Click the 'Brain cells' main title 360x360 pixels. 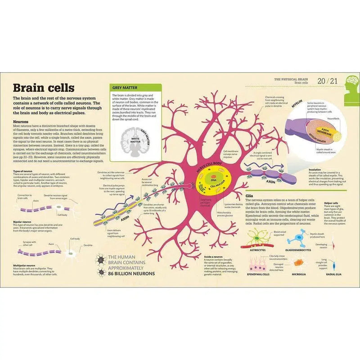[43, 87]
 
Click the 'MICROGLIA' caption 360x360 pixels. [299, 274]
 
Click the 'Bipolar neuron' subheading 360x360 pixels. [22, 222]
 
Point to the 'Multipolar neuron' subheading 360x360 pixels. [24, 265]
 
